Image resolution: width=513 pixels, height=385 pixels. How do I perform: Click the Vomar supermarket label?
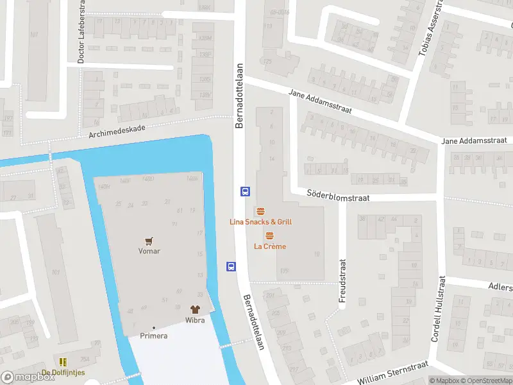[x=149, y=251]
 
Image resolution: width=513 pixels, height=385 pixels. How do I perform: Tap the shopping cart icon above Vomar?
[x=149, y=241]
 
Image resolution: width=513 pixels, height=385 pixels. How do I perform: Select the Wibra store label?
[x=195, y=319]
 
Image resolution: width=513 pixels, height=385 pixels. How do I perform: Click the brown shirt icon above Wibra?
[x=195, y=309]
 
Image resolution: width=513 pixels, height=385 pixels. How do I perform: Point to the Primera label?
[x=154, y=336]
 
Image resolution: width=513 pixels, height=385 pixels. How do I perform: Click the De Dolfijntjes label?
[x=63, y=373]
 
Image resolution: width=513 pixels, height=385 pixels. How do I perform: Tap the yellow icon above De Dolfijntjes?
[x=63, y=363]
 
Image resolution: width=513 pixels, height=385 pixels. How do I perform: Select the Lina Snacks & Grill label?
[x=260, y=222]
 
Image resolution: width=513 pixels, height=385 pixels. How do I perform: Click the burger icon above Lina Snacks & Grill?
[x=260, y=211]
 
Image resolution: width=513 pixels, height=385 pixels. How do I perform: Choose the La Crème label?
[x=270, y=246]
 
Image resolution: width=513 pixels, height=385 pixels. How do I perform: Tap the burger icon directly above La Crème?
[x=269, y=236]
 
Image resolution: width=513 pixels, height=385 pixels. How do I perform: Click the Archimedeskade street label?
[x=118, y=131]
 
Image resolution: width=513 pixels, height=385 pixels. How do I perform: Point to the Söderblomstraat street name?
[x=338, y=195]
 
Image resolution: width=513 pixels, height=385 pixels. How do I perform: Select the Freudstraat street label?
[x=342, y=281]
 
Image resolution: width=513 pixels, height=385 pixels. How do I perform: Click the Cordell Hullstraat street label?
[x=438, y=309]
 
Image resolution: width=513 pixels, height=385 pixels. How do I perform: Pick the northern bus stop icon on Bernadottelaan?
[x=244, y=191]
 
